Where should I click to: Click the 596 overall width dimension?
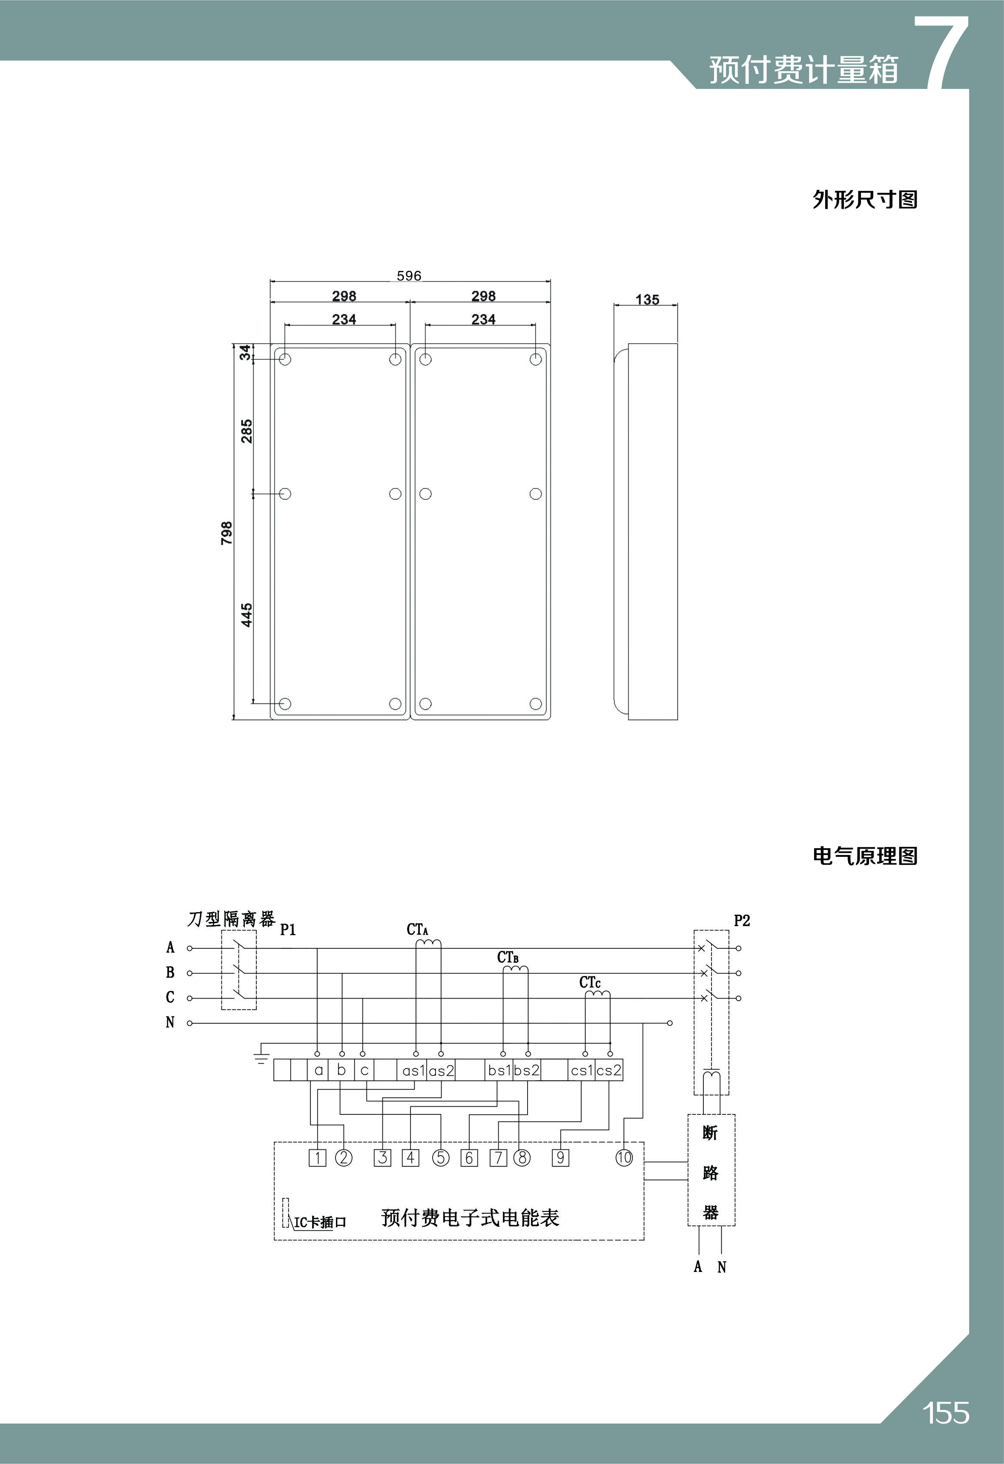(409, 276)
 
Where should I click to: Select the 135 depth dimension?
(647, 299)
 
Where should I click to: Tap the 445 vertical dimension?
(247, 615)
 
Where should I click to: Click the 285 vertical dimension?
(247, 431)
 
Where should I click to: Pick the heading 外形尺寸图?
(864, 200)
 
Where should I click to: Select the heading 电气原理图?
(864, 856)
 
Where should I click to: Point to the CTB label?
(508, 958)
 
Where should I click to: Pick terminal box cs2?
(609, 1070)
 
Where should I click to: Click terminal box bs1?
(499, 1070)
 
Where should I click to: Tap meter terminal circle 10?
(624, 1157)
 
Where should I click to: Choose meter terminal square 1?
(318, 1157)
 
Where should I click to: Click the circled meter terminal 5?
(441, 1157)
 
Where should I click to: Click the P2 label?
(742, 921)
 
